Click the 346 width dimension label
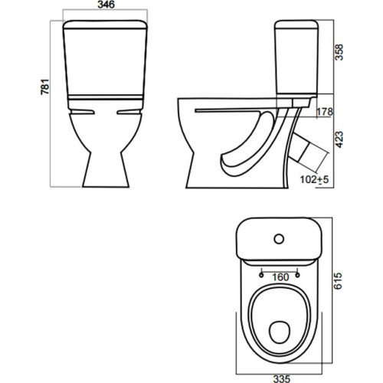[106, 5]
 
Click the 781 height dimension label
[45, 87]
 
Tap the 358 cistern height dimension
[339, 52]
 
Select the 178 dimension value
[325, 112]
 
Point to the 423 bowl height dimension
[339, 139]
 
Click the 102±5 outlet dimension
[314, 179]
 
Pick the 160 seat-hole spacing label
[280, 277]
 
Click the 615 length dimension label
[338, 281]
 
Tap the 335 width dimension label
[282, 378]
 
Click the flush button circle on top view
[279, 239]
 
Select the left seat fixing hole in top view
[261, 275]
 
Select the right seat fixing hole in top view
[297, 275]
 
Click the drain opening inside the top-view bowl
[280, 332]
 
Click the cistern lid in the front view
[105, 25]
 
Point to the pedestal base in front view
[106, 170]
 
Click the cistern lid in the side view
[296, 24]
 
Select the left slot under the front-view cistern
[82, 112]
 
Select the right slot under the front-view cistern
[129, 112]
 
